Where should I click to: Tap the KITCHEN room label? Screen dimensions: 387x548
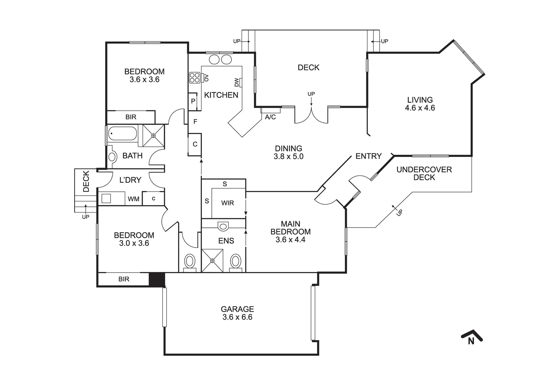pos(221,95)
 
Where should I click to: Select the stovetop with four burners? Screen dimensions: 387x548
pos(195,78)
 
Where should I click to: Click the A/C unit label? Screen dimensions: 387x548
pos(270,117)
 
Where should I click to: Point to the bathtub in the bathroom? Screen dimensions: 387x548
pos(122,134)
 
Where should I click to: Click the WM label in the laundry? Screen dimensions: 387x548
pos(134,199)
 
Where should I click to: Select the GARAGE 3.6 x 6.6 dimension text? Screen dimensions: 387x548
pos(237,317)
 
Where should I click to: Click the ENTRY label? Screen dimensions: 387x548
pos(368,156)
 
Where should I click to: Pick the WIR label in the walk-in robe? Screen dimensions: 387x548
pos(227,203)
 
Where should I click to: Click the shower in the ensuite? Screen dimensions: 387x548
pos(212,261)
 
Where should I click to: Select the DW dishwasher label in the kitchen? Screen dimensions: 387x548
pos(237,83)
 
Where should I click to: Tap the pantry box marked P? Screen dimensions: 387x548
pos(193,101)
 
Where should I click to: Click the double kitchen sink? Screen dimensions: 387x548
pos(220,59)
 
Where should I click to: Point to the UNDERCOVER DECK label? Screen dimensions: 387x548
pos(424,173)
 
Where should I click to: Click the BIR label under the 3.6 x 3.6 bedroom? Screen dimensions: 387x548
pos(131,117)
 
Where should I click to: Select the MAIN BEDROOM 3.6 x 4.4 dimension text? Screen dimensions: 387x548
pos(290,240)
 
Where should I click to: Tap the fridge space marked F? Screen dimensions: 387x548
pos(195,122)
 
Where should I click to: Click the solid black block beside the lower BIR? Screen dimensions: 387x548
pos(157,279)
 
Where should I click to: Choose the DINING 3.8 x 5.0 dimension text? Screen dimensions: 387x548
pos(289,157)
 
